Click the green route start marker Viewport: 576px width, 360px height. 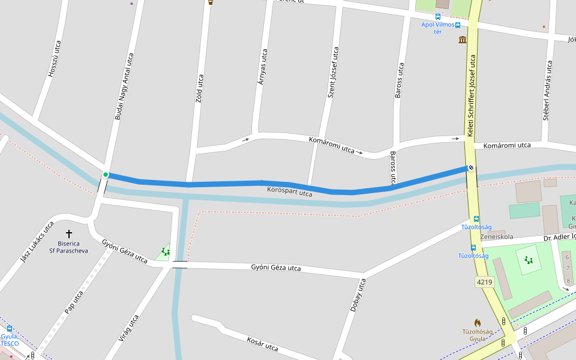[106, 175]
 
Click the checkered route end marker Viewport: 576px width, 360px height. [471, 168]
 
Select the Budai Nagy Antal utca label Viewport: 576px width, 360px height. [124, 86]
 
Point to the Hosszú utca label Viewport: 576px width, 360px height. [55, 59]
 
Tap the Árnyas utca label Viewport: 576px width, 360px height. [262, 66]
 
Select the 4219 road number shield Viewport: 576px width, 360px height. [484, 281]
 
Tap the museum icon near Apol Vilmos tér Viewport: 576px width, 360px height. [463, 40]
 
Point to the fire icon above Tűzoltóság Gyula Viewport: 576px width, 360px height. [477, 323]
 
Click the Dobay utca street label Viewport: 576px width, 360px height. [358, 295]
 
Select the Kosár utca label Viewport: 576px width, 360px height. [262, 344]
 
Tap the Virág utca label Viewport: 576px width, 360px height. [128, 328]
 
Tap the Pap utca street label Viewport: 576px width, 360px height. [74, 302]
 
